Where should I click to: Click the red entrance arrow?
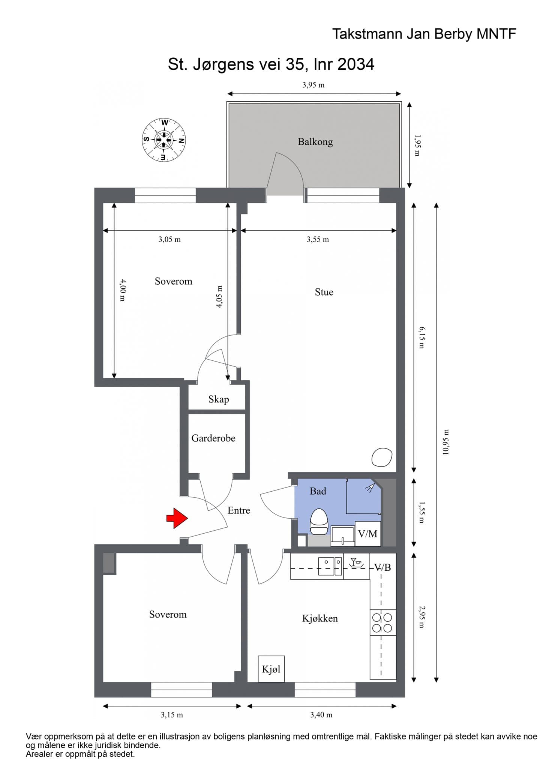[x=177, y=518]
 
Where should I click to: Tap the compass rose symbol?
[x=164, y=140]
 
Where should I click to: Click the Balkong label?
[x=315, y=142]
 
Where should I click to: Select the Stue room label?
[x=324, y=292]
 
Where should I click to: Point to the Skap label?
[x=219, y=399]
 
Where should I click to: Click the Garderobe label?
[x=213, y=438]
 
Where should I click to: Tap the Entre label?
[x=239, y=510]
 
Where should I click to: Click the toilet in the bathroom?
[x=319, y=521]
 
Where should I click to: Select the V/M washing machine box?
[x=368, y=534]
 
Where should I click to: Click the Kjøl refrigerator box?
[x=271, y=669]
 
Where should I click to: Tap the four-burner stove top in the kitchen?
[x=382, y=622]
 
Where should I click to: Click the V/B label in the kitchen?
[x=383, y=567]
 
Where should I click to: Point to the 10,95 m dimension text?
[x=445, y=442]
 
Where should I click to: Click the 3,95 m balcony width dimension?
[x=313, y=85]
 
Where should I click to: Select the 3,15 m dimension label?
[x=172, y=715]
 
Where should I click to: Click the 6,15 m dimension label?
[x=421, y=337]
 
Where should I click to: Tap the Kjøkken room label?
[x=320, y=618]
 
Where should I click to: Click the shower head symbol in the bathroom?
[x=370, y=487]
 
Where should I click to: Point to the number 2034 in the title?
[x=356, y=64]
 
